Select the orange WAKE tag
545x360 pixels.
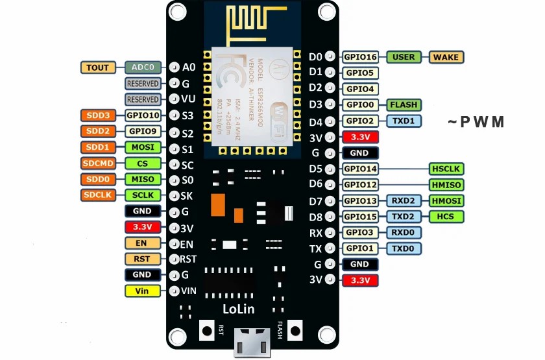[446, 57]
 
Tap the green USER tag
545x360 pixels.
[404, 57]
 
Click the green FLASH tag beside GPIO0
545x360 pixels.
[404, 104]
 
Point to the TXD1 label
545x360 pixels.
[404, 121]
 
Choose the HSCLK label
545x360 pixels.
[446, 169]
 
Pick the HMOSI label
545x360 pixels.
[446, 200]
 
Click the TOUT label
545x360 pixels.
[98, 67]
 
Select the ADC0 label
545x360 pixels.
[143, 67]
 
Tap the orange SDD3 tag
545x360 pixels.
[98, 115]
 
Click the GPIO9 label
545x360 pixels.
[143, 131]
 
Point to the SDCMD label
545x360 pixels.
[98, 163]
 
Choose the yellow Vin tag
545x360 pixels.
[143, 291]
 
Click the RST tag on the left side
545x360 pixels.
[143, 259]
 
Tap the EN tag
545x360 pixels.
[143, 243]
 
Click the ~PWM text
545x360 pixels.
[476, 122]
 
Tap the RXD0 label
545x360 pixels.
[404, 232]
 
